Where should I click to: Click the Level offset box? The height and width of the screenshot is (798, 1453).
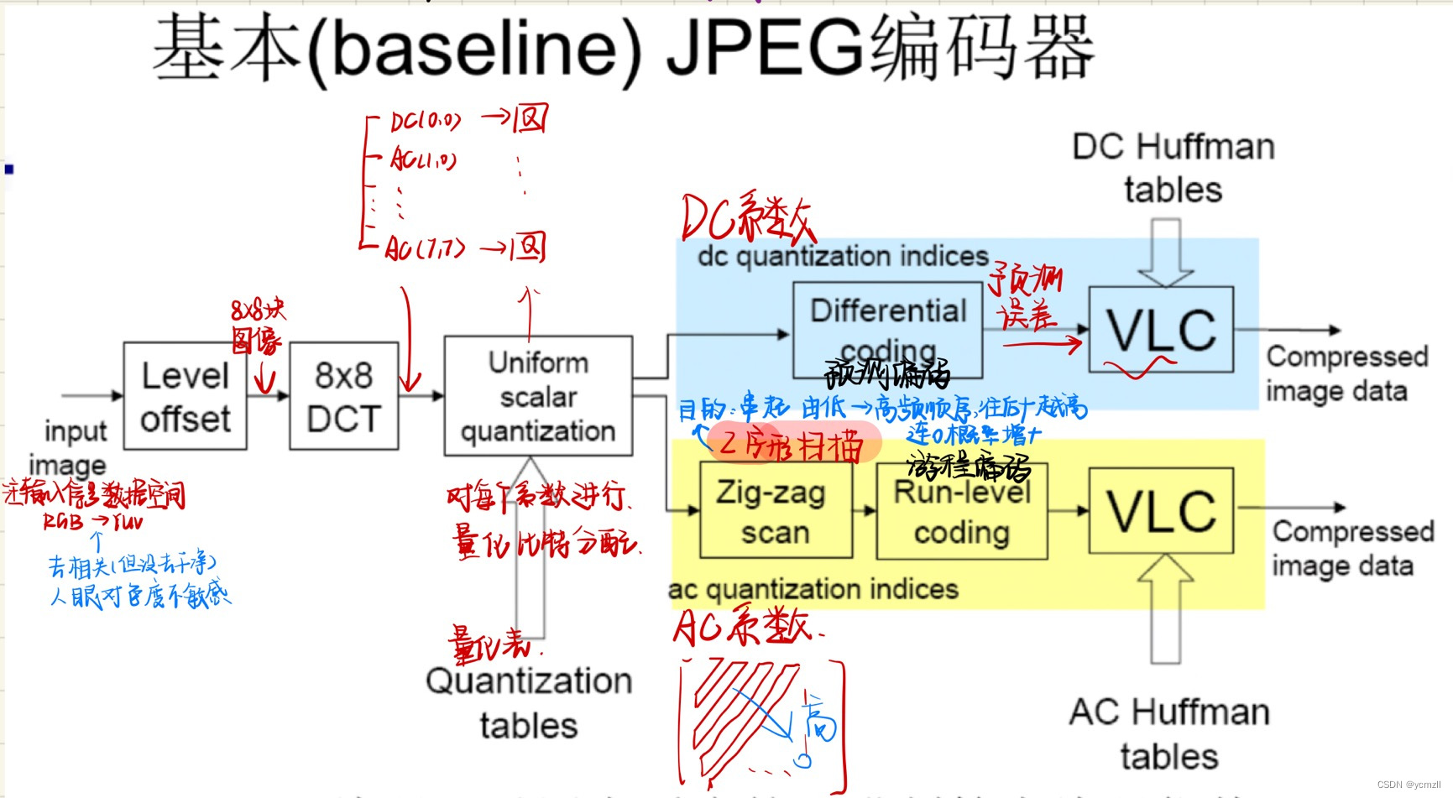(x=185, y=396)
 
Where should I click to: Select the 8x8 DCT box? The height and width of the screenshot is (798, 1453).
(x=343, y=396)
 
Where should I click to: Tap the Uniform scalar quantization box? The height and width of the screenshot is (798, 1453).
(x=538, y=396)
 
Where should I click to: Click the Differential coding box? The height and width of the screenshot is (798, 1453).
(x=887, y=331)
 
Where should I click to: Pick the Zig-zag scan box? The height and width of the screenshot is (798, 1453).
(x=776, y=511)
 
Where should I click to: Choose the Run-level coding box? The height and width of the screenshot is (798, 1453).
(x=962, y=511)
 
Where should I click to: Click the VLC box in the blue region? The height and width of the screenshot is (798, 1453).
(x=1161, y=330)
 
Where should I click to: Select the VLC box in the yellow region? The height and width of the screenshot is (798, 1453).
(x=1161, y=510)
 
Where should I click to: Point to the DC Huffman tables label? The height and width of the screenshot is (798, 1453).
(x=1173, y=168)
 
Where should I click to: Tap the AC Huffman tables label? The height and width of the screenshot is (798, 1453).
(x=1169, y=733)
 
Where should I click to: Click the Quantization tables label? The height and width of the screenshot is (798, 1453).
(x=529, y=702)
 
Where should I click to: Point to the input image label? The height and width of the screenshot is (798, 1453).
(x=74, y=447)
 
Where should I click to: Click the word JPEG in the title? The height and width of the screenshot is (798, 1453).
(x=764, y=49)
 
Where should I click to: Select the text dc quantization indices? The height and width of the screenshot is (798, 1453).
(x=843, y=256)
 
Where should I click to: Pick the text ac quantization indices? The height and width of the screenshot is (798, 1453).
(x=813, y=589)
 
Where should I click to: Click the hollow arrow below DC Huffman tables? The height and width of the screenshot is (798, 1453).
(x=1165, y=253)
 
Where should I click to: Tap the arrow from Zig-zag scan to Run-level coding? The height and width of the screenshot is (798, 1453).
(x=865, y=510)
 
